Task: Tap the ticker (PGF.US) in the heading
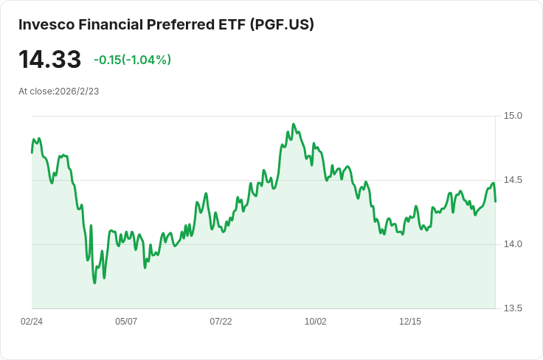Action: tap(282, 24)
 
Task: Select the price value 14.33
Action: tap(50, 59)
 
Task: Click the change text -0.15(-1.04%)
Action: tap(132, 60)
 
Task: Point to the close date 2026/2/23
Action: tap(77, 91)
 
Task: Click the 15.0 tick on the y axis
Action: tap(513, 116)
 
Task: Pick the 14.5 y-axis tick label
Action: tap(513, 180)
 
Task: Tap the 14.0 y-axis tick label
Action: tap(513, 244)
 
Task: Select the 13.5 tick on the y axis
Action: tap(513, 308)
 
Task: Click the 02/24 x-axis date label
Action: tap(32, 322)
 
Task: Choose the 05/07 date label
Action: tap(126, 322)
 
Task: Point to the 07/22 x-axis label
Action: tap(221, 322)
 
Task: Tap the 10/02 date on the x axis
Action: tap(315, 322)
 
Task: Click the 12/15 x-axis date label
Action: tap(410, 322)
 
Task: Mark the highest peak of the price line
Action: tap(294, 124)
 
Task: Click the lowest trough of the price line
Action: tap(94, 283)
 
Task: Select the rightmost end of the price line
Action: tap(496, 201)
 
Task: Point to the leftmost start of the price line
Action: tap(32, 153)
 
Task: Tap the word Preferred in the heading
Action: tap(181, 24)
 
